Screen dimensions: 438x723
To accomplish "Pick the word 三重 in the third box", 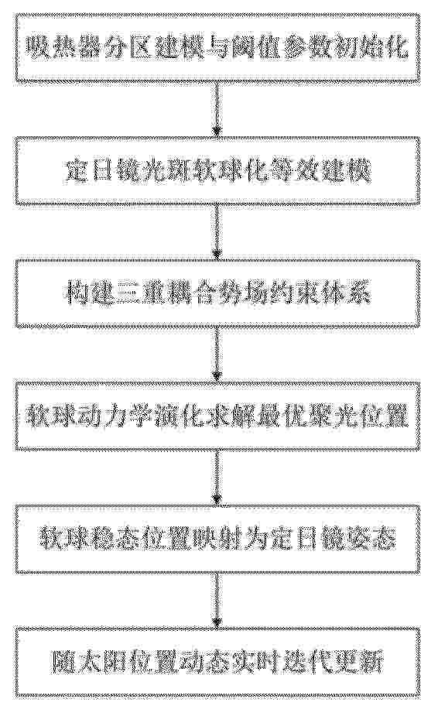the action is coord(132,294).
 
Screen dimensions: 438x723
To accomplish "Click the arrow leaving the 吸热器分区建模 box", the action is coord(217,109).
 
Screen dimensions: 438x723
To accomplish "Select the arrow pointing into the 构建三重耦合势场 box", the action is coord(217,232).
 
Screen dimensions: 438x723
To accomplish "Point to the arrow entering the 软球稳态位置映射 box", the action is coord(217,478).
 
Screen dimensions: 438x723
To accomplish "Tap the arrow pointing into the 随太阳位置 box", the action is coord(217,601).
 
